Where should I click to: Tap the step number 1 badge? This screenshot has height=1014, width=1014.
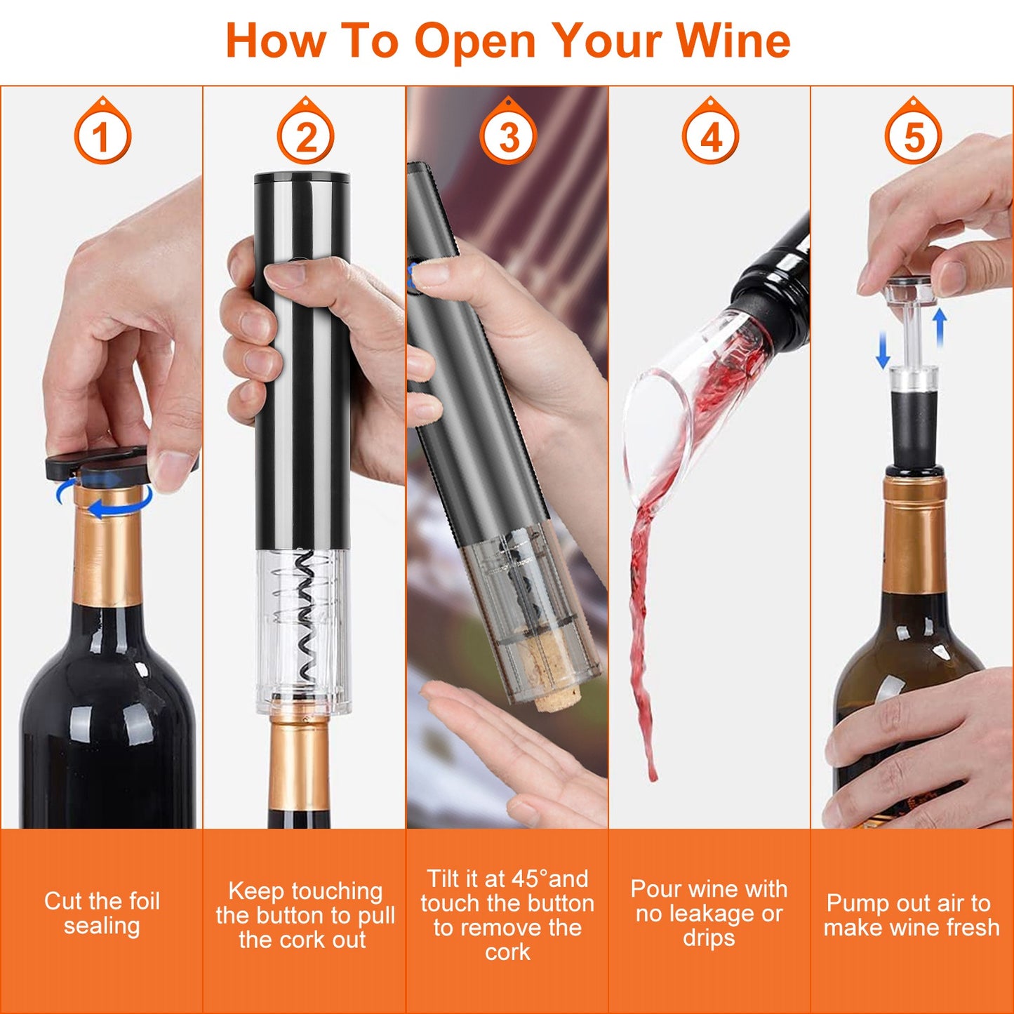[102, 131]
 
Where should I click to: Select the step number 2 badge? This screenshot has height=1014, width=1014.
[306, 131]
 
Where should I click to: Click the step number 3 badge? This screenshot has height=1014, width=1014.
[508, 131]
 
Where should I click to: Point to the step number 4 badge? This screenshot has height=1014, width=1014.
[710, 131]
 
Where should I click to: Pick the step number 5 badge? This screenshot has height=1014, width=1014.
[914, 131]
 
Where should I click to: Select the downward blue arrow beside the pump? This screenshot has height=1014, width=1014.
[883, 350]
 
